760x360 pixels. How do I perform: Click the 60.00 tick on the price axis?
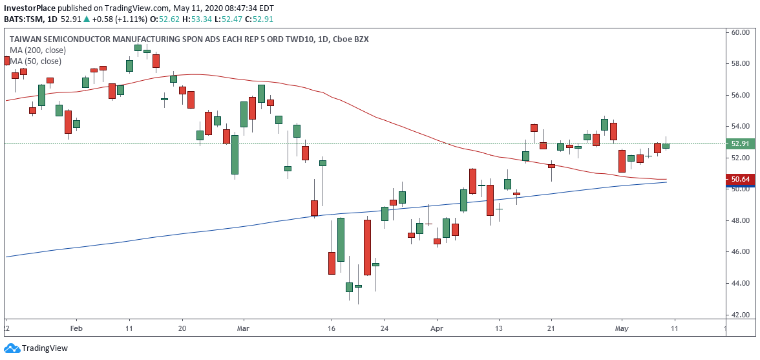(740, 32)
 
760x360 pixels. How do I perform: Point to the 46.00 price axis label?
(740, 252)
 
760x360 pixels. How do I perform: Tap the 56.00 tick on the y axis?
(740, 95)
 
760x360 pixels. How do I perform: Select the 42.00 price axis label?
(740, 315)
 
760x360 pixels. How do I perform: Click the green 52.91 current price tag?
(740, 143)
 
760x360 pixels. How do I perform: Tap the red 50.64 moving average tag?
(740, 179)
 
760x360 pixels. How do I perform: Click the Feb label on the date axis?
(76, 327)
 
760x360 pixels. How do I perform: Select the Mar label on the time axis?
(244, 327)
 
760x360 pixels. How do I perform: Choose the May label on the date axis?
(622, 327)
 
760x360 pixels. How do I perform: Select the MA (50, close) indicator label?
(36, 61)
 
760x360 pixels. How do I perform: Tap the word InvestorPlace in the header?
(30, 8)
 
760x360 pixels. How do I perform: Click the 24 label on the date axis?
(384, 327)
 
